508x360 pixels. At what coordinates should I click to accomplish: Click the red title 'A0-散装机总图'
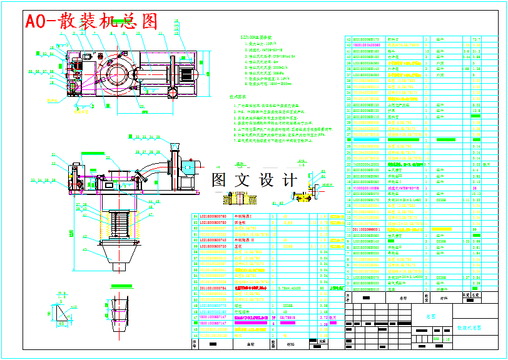click(91, 21)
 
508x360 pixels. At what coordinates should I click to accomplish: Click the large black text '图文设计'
click(255, 180)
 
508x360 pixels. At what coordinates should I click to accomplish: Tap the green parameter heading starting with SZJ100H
click(257, 37)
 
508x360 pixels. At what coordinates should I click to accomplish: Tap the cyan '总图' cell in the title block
click(430, 317)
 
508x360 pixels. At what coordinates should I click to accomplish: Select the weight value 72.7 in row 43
click(476, 40)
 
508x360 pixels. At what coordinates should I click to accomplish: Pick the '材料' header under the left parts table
click(290, 343)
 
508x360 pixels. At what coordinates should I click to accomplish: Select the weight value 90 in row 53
click(322, 288)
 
